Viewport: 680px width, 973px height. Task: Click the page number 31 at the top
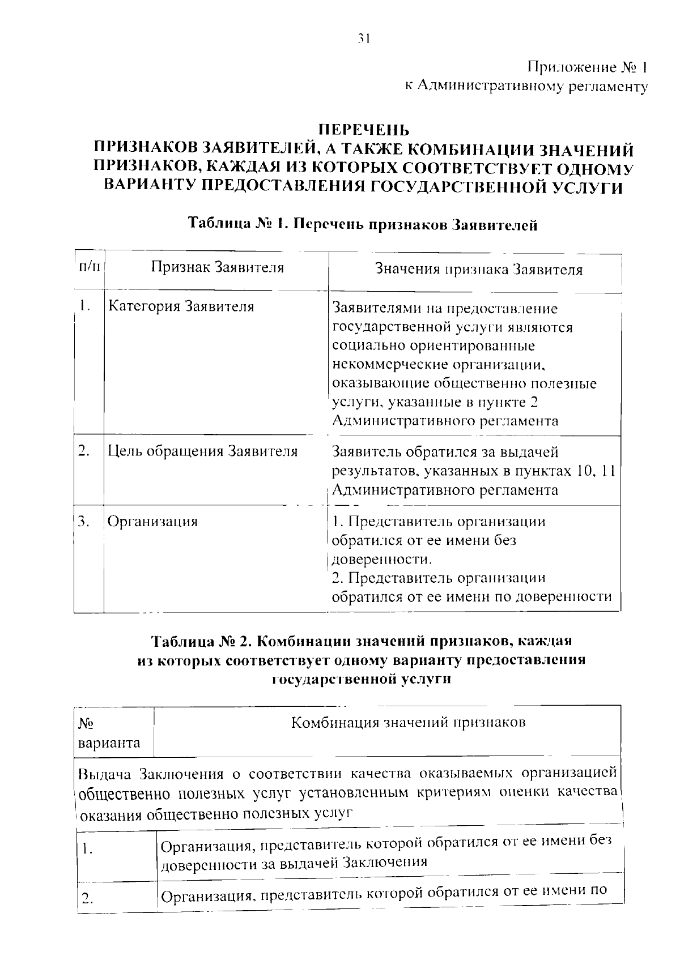coord(363,39)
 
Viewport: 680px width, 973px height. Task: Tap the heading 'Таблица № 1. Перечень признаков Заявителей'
coord(363,224)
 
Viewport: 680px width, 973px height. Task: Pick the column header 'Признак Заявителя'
coord(217,267)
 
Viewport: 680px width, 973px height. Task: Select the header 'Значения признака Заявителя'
coord(479,270)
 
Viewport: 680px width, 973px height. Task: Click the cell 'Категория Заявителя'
coord(181,307)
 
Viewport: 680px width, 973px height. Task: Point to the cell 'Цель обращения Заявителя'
coord(202,451)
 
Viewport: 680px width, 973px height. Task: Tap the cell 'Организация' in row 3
coord(152,521)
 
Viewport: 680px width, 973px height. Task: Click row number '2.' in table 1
coord(84,451)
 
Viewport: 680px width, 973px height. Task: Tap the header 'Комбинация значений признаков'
coord(408,723)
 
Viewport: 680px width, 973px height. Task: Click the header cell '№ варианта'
coord(109,733)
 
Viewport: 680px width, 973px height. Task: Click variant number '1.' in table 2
coord(86,849)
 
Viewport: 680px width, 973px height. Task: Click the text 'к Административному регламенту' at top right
coord(525,86)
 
